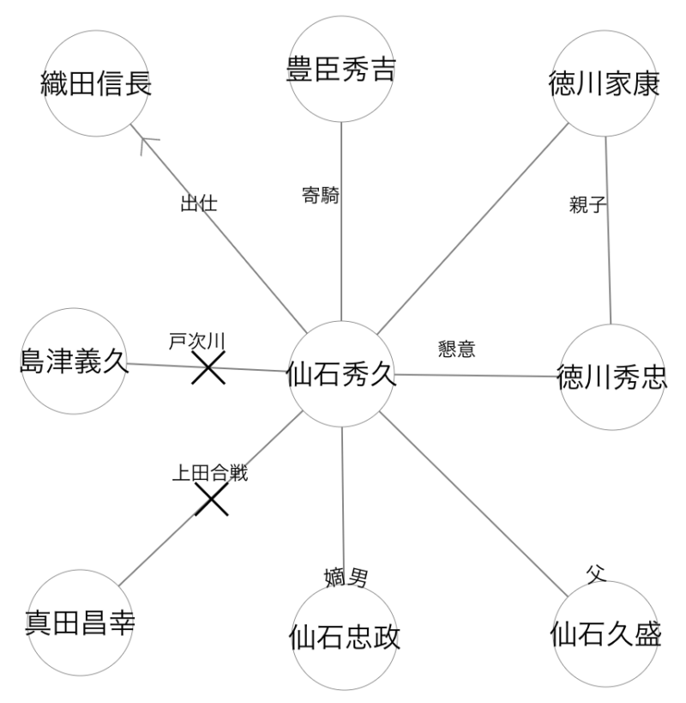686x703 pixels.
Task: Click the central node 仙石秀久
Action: coord(341,374)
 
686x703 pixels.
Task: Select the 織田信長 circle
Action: coord(96,83)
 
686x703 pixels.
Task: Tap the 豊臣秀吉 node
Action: coord(341,69)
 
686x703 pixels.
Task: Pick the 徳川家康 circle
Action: coord(604,83)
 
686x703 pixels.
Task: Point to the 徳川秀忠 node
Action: coord(612,377)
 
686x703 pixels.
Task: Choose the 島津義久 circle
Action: coord(74,361)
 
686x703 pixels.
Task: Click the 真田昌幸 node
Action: coord(80,623)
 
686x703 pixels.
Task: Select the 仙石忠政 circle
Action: coord(345,637)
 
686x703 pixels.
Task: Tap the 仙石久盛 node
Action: coord(605,634)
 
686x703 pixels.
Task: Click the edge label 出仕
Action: coord(199,203)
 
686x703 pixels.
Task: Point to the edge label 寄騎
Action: coord(321,196)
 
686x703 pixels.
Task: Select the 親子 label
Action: coord(587,205)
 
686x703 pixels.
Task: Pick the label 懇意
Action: coord(456,348)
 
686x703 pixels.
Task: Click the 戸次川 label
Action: coord(196,341)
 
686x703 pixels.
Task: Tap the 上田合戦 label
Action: coord(210,474)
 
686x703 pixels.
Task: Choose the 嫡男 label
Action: coord(346,578)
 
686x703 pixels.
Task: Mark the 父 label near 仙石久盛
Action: coord(596,574)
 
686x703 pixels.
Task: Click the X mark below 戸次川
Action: coord(208,367)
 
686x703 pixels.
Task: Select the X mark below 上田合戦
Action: coord(212,499)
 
